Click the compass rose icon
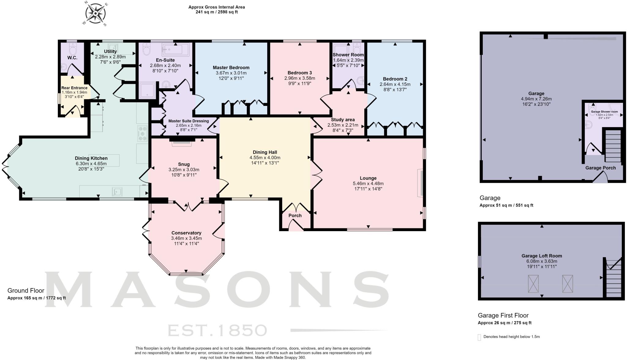click(x=95, y=14)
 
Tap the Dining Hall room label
click(x=265, y=152)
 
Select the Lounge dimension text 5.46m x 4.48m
click(x=368, y=184)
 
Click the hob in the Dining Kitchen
click(x=142, y=133)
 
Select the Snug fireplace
click(x=182, y=142)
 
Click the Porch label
click(x=295, y=216)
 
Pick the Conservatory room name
click(x=186, y=233)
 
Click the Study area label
click(x=343, y=120)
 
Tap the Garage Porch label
click(x=600, y=168)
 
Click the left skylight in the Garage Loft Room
click(x=533, y=284)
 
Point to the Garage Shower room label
click(x=604, y=112)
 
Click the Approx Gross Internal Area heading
click(x=216, y=7)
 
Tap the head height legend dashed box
click(x=479, y=337)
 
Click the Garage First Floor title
click(x=503, y=315)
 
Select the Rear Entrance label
click(x=74, y=88)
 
